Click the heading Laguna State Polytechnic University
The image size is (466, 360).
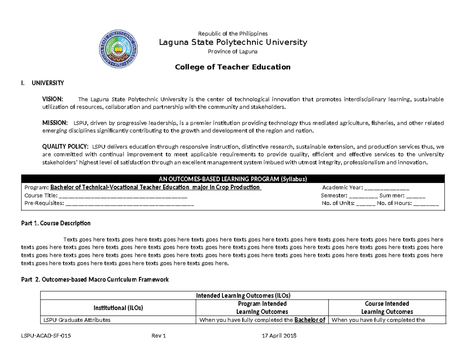[233, 42]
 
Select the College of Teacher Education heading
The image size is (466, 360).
[233, 67]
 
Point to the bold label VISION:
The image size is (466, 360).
[55, 99]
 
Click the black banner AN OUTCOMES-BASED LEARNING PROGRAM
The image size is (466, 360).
[233, 179]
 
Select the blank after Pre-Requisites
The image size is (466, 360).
[130, 203]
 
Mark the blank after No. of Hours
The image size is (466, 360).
[426, 203]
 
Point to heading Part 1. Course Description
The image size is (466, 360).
[56, 223]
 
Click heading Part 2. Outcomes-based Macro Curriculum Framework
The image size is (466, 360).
[95, 279]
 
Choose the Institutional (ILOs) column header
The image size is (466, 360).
[118, 308]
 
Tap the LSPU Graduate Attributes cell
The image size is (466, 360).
[77, 320]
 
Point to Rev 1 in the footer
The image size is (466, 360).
[159, 336]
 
